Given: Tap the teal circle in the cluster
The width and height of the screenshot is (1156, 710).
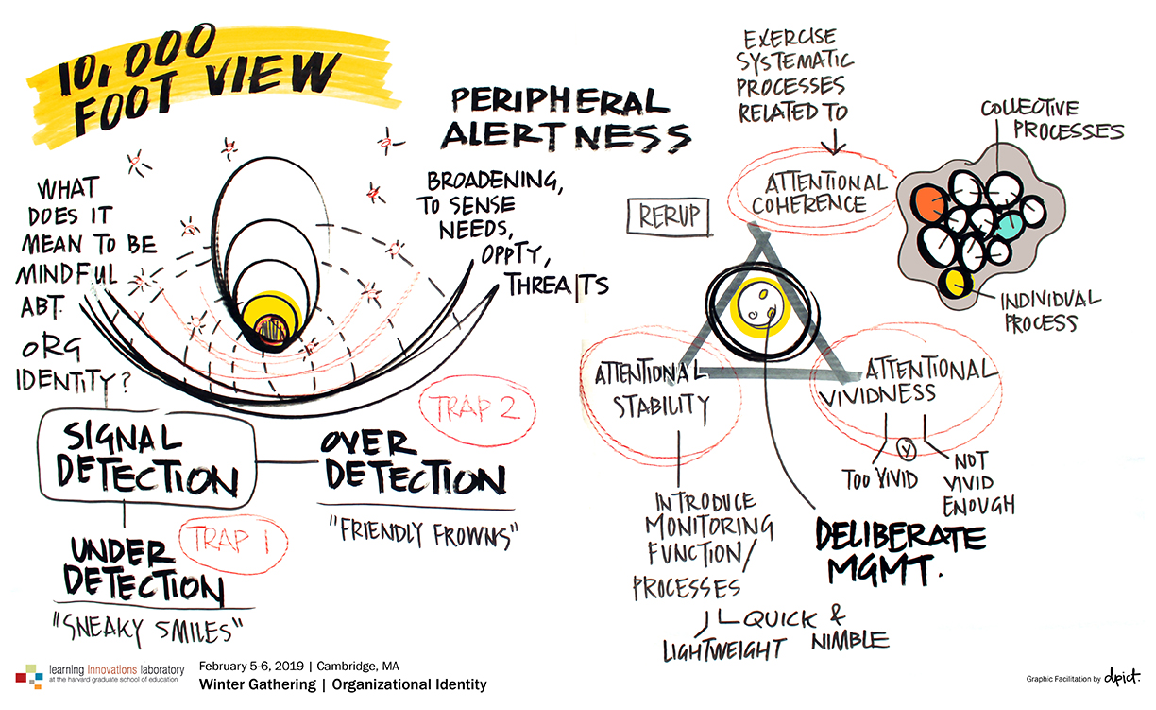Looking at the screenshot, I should coord(1010,224).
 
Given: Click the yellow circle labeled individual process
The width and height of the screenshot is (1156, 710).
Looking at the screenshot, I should coord(957,281).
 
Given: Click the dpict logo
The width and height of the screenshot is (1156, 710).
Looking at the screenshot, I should coord(1120,678).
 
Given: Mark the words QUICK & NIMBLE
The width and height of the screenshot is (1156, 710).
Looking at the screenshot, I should coord(812,629).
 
